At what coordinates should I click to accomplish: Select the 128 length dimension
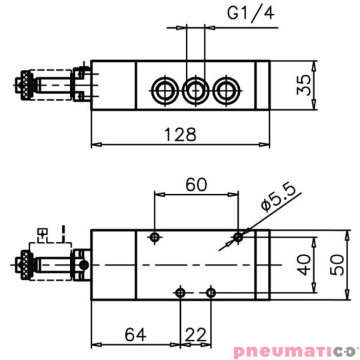point(181,135)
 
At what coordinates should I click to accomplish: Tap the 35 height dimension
point(305,86)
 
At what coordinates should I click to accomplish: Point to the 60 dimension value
point(195,185)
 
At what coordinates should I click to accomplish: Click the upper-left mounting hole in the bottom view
point(155,237)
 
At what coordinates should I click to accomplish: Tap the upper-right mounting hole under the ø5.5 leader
point(238,237)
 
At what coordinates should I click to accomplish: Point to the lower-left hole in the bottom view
point(180,292)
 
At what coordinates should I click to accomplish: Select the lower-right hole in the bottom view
point(211,292)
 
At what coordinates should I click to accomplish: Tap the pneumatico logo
point(295,351)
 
